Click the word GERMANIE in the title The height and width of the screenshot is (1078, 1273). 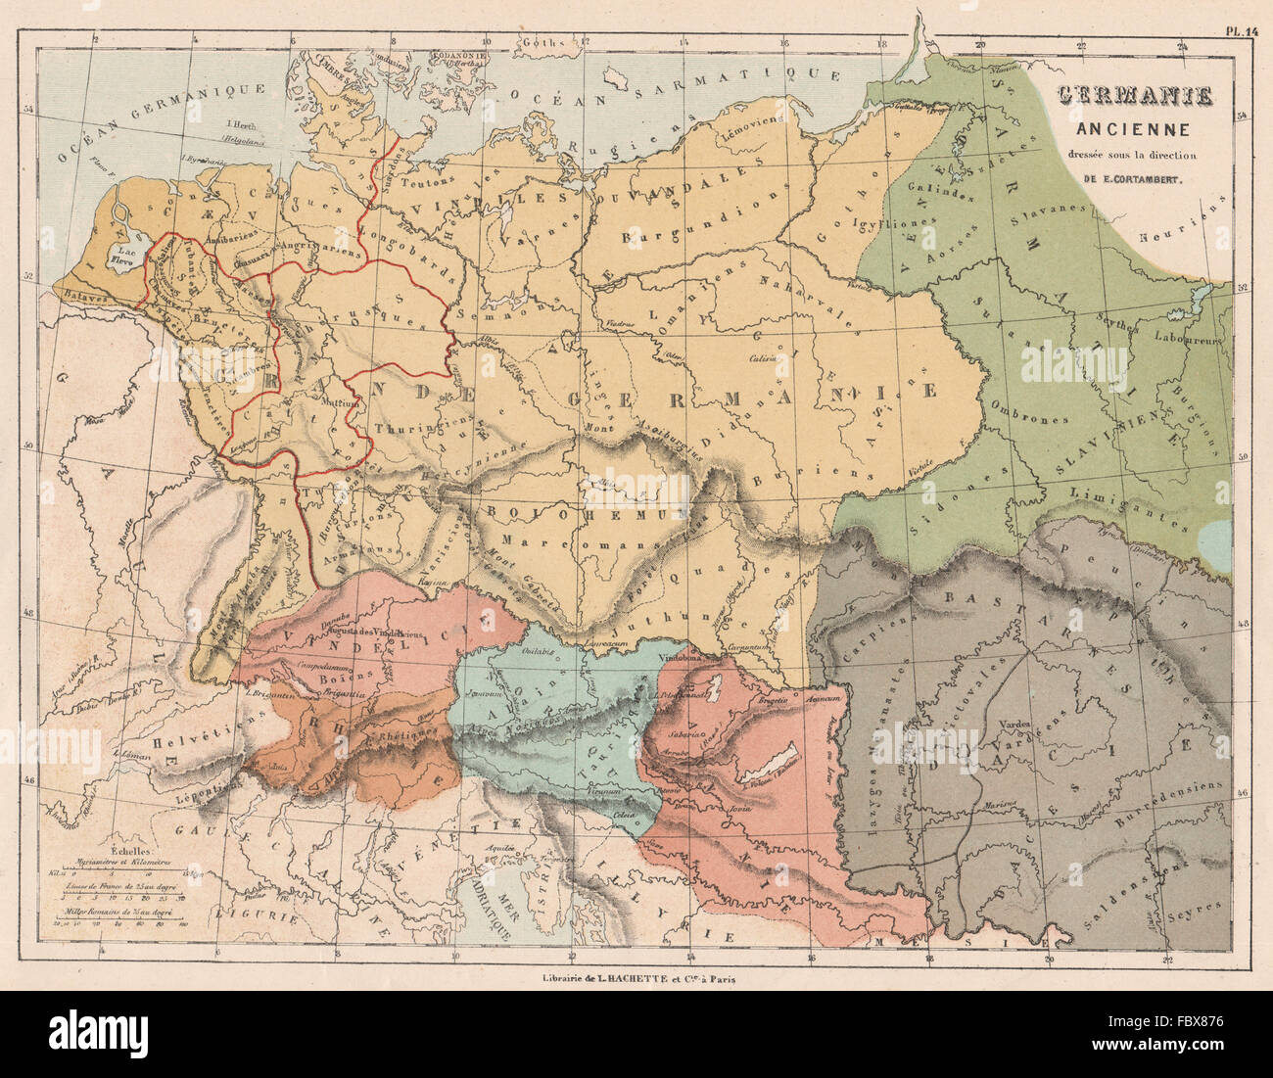pos(1134,97)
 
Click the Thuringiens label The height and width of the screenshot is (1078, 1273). pos(412,428)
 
